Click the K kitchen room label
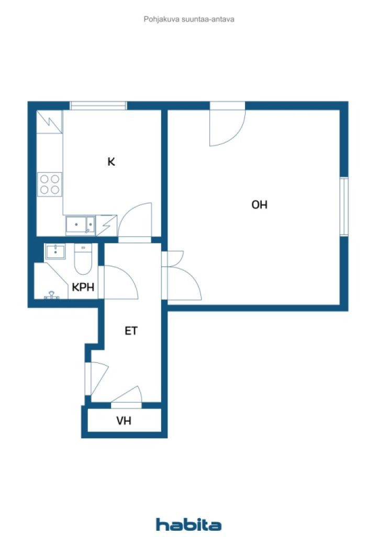click(x=111, y=162)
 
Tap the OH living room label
click(x=260, y=205)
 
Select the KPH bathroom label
click(x=83, y=287)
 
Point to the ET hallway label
click(x=131, y=331)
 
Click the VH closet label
click(x=124, y=421)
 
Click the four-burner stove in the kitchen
click(x=50, y=184)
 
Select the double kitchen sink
click(x=80, y=225)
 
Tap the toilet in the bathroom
click(x=83, y=259)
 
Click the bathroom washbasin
click(x=54, y=252)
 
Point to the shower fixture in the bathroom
click(x=51, y=295)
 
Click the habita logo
click(x=188, y=524)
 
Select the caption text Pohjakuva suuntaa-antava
click(x=188, y=19)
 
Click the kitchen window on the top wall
click(x=98, y=105)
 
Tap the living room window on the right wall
click(x=343, y=207)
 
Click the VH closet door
click(x=127, y=397)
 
